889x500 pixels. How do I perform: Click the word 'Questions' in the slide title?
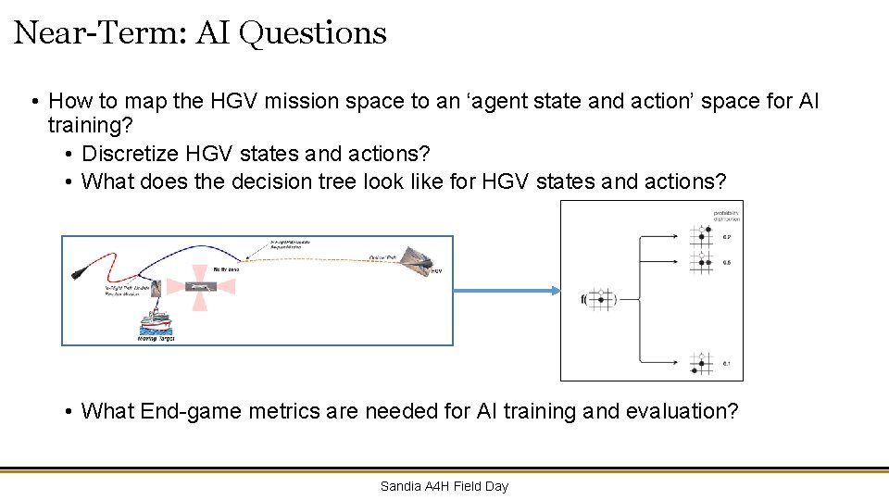pos(312,33)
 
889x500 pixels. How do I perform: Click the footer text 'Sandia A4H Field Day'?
pos(444,486)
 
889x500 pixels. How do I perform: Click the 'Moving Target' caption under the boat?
pos(155,339)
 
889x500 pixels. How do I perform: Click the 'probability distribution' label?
pos(727,216)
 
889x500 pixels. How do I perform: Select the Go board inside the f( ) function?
pos(601,299)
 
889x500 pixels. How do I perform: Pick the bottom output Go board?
pos(702,362)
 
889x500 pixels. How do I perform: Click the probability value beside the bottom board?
pos(727,363)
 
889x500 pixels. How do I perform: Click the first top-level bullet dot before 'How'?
pos(32,102)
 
